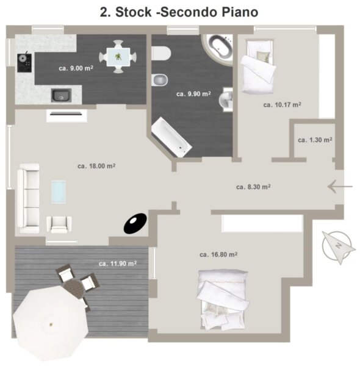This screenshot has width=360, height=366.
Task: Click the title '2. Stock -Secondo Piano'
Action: [179, 12]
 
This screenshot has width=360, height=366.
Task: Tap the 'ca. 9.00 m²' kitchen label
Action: [76, 68]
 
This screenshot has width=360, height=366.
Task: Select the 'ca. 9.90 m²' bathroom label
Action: [193, 94]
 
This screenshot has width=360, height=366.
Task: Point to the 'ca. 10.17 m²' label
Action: [282, 105]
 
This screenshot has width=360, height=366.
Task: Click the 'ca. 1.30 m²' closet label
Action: [315, 140]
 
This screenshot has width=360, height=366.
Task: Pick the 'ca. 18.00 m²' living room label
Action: [96, 166]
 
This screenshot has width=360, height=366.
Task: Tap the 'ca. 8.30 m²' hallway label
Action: [253, 187]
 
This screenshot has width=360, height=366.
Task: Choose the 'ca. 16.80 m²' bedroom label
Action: [218, 254]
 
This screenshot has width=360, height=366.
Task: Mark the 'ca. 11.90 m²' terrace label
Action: [118, 264]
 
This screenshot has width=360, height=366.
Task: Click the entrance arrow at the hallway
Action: [340, 187]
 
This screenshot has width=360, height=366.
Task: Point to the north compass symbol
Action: [338, 246]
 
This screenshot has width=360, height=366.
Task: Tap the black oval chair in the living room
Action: [135, 223]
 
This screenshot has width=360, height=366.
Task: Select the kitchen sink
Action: [61, 95]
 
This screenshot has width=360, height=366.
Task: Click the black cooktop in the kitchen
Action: [24, 63]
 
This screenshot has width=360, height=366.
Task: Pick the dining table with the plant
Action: [118, 57]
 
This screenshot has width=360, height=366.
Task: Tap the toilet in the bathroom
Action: [161, 53]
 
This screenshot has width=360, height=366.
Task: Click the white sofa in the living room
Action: [29, 198]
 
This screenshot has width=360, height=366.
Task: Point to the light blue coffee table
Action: [59, 192]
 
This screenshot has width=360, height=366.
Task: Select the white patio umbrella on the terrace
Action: [51, 324]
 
